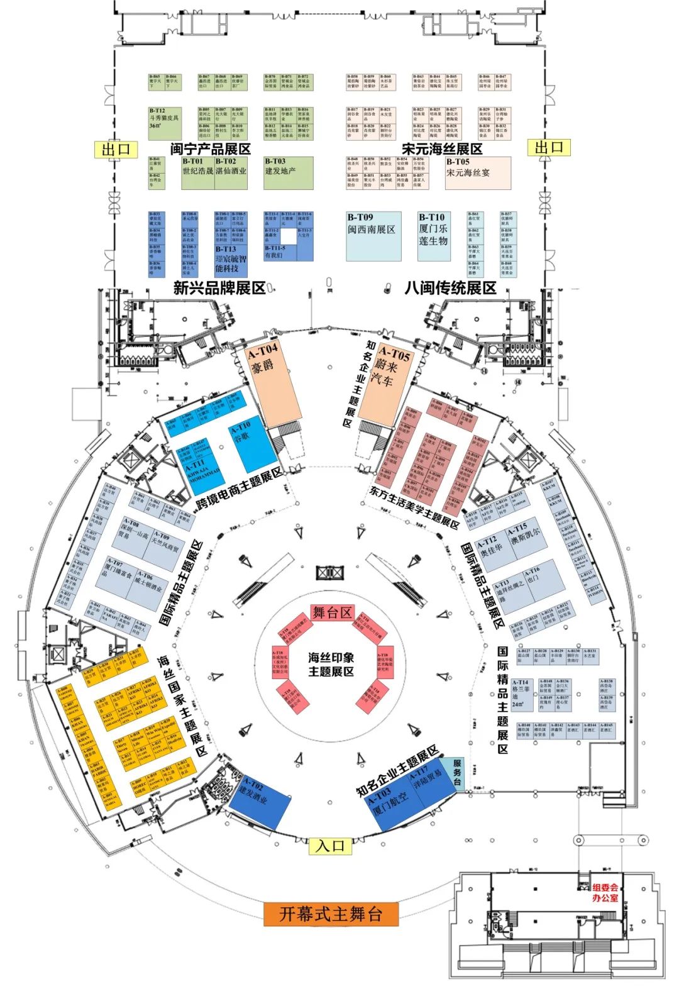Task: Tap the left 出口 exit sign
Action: pos(115,149)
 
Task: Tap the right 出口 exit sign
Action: pos(549,148)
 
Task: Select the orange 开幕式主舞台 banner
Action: pos(331,914)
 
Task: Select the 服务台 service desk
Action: pos(456,771)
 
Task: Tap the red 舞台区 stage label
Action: pos(333,612)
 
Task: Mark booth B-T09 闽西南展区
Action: pos(373,236)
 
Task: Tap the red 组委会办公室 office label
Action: pos(605,892)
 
